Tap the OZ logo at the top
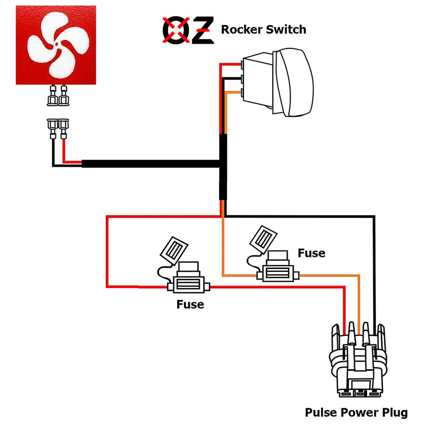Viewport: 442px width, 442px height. [x=188, y=30]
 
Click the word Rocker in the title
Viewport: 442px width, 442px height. [x=241, y=29]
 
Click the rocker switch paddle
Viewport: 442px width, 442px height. [x=295, y=82]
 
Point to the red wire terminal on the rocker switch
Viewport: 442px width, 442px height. [x=243, y=64]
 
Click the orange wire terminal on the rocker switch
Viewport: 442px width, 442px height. [x=243, y=93]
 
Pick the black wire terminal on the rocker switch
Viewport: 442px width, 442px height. [x=243, y=79]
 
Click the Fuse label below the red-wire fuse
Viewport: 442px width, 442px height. [x=190, y=304]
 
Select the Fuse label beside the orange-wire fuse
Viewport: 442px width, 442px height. [x=311, y=253]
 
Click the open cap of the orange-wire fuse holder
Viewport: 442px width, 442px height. [x=263, y=238]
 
